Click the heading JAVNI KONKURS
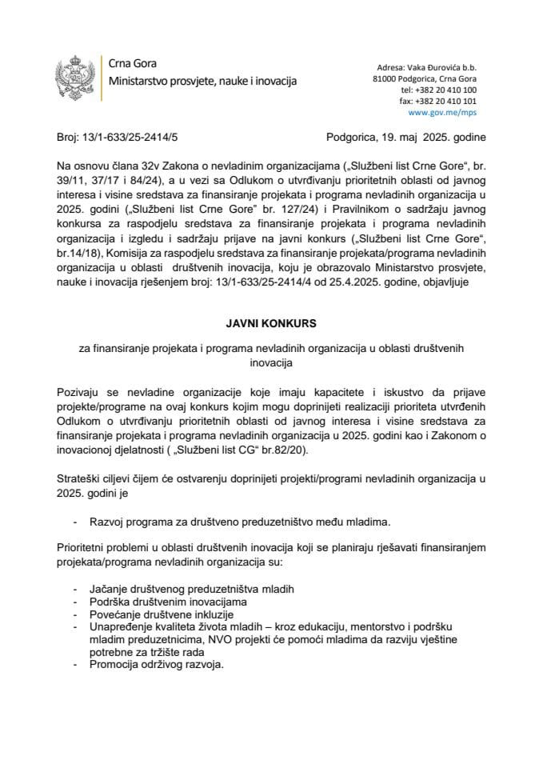[x=271, y=324]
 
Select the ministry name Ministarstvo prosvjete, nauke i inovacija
[x=202, y=81]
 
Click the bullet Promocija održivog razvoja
[x=158, y=665]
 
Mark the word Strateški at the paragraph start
[x=80, y=478]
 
